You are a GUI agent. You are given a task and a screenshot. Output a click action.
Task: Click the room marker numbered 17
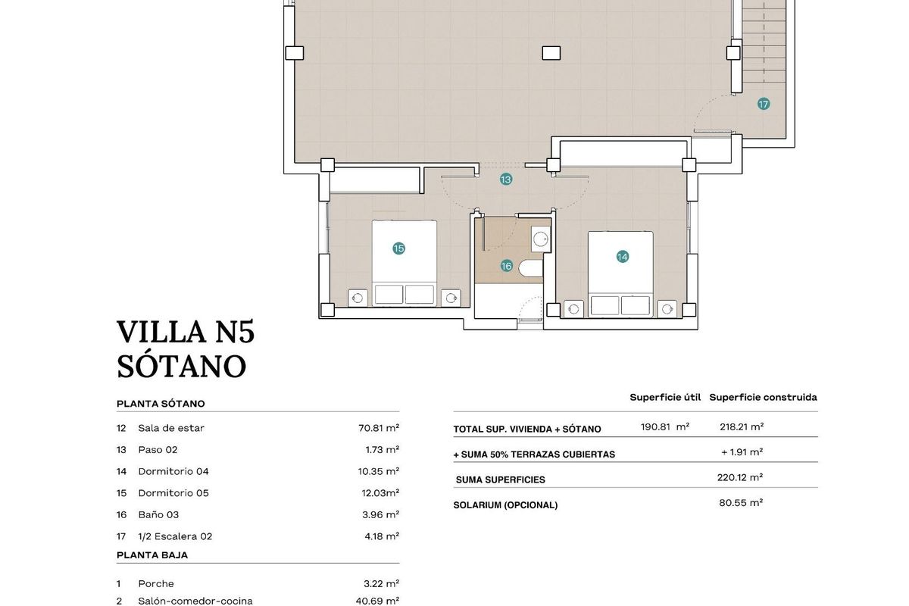pyautogui.click(x=764, y=104)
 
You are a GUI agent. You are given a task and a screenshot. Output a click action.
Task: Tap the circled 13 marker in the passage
pyautogui.click(x=505, y=180)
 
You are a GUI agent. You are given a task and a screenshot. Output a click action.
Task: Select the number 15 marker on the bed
pyautogui.click(x=398, y=248)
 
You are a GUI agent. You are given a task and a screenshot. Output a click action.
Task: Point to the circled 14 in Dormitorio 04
pyautogui.click(x=622, y=257)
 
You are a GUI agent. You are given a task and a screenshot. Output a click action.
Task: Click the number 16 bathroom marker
pyautogui.click(x=506, y=266)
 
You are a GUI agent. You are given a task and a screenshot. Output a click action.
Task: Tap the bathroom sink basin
pyautogui.click(x=541, y=239)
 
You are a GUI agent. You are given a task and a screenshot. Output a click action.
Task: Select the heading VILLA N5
pyautogui.click(x=186, y=333)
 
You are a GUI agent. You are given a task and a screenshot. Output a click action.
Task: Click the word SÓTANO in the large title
pyautogui.click(x=182, y=367)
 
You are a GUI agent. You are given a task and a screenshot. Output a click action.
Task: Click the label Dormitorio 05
pyautogui.click(x=173, y=493)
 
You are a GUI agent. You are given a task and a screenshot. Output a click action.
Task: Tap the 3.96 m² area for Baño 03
pyautogui.click(x=381, y=515)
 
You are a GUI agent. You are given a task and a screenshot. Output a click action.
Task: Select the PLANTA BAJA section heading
pyautogui.click(x=152, y=555)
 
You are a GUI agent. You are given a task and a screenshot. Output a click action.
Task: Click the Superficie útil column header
pyautogui.click(x=665, y=397)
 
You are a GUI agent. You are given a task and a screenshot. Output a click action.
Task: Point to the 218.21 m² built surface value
pyautogui.click(x=742, y=426)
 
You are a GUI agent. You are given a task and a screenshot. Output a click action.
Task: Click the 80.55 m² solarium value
pyautogui.click(x=741, y=502)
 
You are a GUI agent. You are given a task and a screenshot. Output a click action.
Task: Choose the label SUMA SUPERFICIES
pyautogui.click(x=500, y=479)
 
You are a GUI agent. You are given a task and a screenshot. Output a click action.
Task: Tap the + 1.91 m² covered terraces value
pyautogui.click(x=742, y=452)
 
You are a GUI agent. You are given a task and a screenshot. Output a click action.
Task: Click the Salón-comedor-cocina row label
pyautogui.click(x=195, y=601)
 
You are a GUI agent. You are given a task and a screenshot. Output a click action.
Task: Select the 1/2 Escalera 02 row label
pyautogui.click(x=175, y=536)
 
